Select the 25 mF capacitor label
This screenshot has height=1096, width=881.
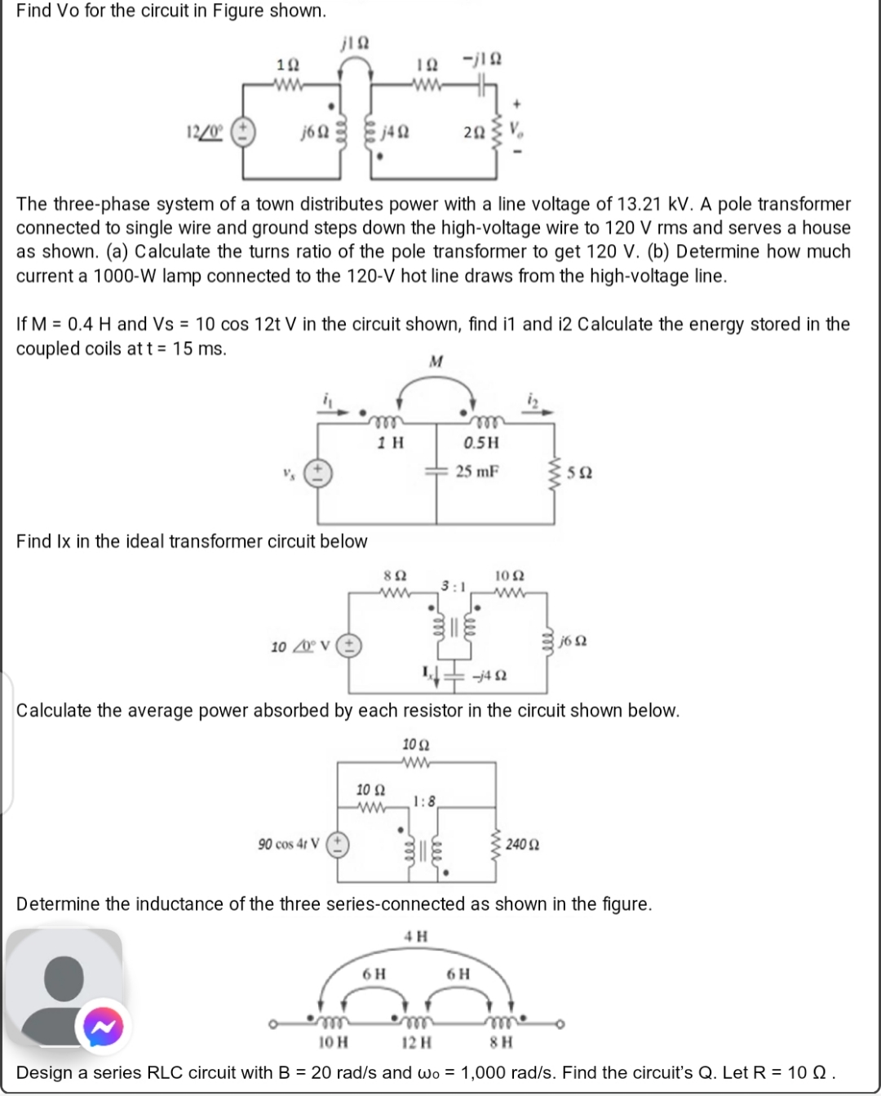pyautogui.click(x=477, y=471)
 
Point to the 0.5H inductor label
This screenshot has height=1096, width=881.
pyautogui.click(x=480, y=442)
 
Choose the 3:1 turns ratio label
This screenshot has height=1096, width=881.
pyautogui.click(x=454, y=585)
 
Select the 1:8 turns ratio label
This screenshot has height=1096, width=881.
pyautogui.click(x=425, y=800)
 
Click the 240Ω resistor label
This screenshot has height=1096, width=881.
pyautogui.click(x=522, y=844)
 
